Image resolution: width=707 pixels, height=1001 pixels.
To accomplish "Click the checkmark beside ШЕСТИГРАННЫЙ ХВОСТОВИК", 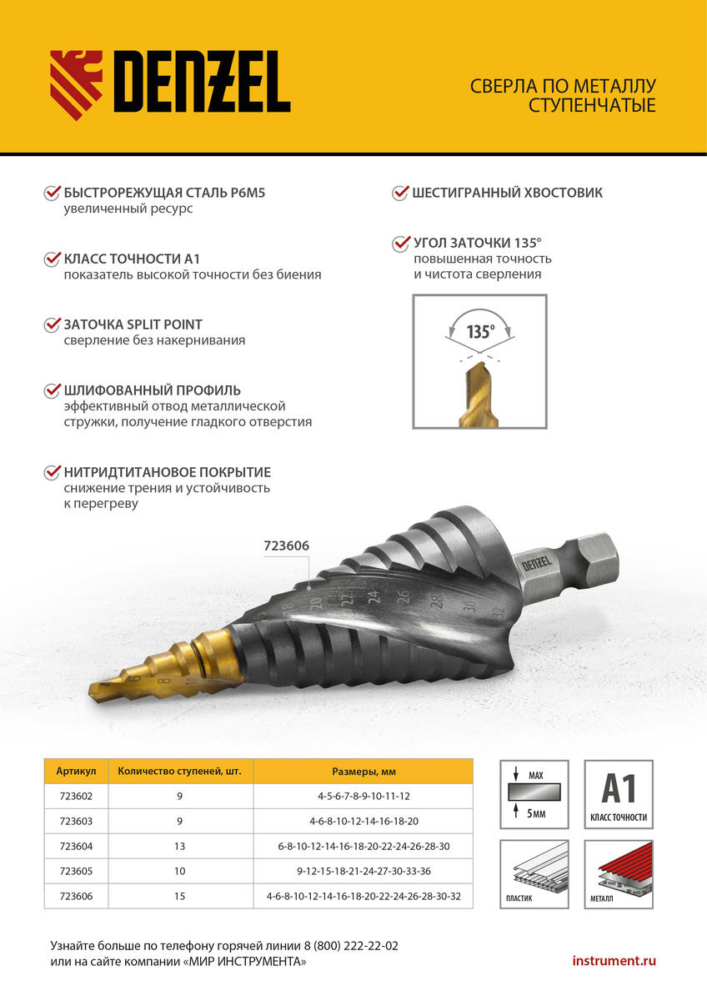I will click(x=400, y=194).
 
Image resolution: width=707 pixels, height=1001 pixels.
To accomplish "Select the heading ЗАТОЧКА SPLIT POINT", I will click(x=133, y=324).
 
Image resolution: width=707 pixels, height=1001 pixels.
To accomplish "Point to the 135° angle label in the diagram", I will click(x=479, y=331).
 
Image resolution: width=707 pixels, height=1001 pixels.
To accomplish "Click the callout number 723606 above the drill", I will click(x=286, y=546).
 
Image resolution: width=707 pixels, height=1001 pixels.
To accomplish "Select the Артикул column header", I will click(x=77, y=771).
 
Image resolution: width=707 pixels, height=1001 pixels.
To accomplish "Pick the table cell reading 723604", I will click(x=77, y=846).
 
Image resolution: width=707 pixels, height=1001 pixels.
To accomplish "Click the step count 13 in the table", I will click(x=180, y=846).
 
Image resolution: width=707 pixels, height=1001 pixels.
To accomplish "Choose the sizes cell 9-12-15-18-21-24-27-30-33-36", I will click(x=364, y=871).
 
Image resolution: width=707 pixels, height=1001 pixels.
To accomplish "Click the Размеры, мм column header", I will click(x=364, y=771).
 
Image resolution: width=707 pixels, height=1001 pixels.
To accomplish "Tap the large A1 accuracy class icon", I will click(x=618, y=793).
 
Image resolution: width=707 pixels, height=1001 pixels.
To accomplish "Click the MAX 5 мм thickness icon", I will click(x=534, y=793).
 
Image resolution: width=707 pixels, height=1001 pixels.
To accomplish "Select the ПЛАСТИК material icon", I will click(x=534, y=873).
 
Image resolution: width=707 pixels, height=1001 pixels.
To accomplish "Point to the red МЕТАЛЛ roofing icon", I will click(x=618, y=873).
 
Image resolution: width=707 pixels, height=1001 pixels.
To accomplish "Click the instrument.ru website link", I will click(x=614, y=961).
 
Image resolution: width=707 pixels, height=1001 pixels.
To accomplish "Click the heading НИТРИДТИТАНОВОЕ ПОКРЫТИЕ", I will click(x=168, y=472).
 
